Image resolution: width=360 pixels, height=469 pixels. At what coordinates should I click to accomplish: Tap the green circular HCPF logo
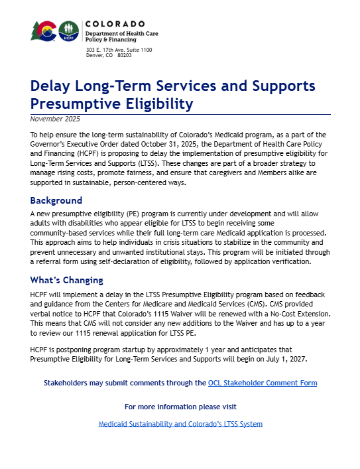click(x=68, y=31)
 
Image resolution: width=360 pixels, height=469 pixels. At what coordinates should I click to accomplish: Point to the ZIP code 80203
click(x=124, y=55)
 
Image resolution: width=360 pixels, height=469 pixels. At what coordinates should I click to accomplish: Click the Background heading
click(x=56, y=200)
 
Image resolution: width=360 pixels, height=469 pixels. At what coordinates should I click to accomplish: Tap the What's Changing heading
click(x=67, y=280)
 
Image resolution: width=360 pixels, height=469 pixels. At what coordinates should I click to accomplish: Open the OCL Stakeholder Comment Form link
click(x=262, y=383)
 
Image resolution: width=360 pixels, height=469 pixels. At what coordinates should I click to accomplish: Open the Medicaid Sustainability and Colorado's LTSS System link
click(x=180, y=423)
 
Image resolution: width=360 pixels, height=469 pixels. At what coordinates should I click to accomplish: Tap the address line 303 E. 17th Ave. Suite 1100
click(x=119, y=50)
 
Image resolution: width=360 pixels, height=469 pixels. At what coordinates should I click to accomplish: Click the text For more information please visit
click(x=180, y=406)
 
